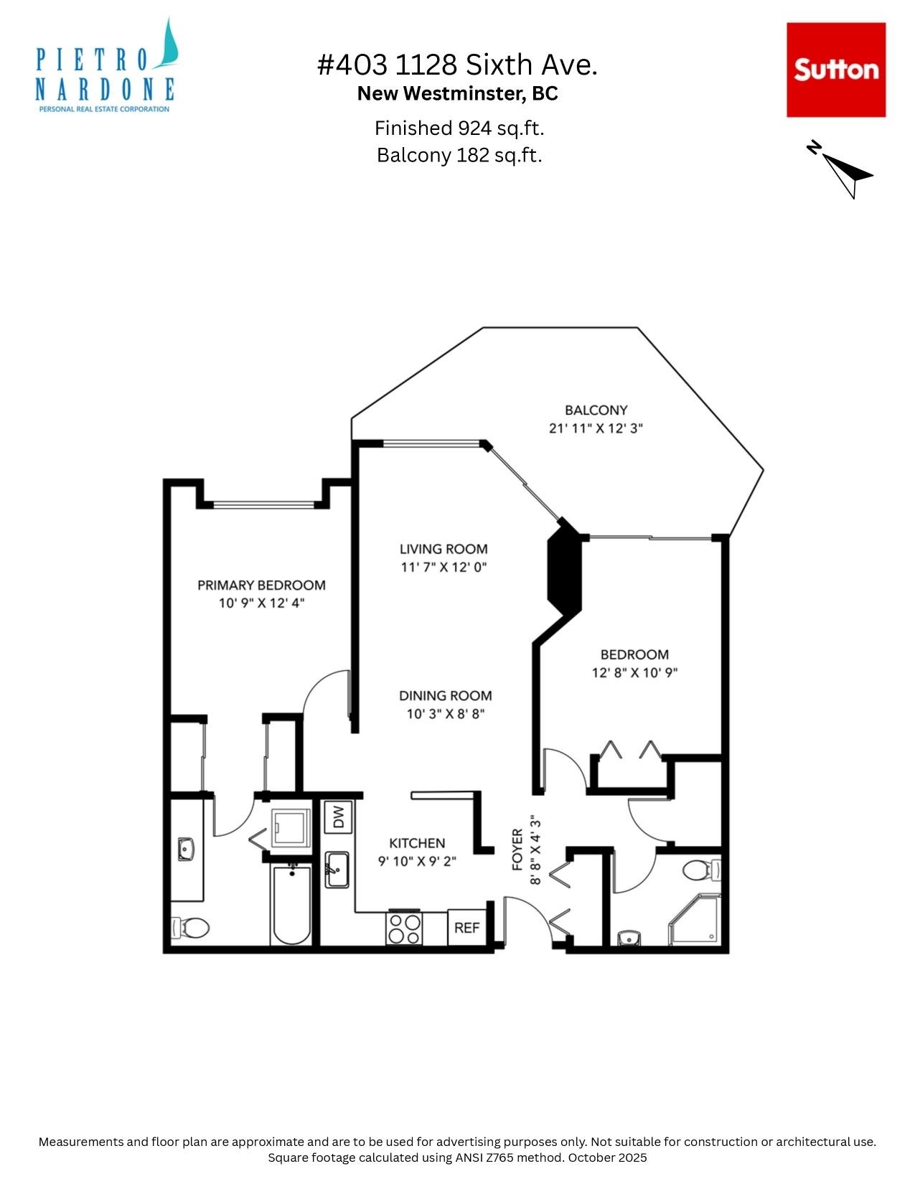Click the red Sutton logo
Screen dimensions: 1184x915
pyautogui.click(x=835, y=70)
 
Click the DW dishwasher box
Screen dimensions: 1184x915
pyautogui.click(x=338, y=817)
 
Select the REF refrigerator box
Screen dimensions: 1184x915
pyautogui.click(x=466, y=927)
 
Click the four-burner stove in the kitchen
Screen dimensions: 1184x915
pyautogui.click(x=404, y=928)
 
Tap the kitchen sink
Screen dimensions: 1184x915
pyautogui.click(x=337, y=869)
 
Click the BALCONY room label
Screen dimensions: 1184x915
pyautogui.click(x=596, y=410)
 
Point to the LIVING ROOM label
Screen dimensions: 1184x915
pyautogui.click(x=444, y=549)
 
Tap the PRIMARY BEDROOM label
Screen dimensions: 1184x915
pyautogui.click(x=261, y=585)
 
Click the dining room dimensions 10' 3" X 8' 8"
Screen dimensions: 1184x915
pyautogui.click(x=445, y=714)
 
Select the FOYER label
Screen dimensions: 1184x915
pyautogui.click(x=517, y=850)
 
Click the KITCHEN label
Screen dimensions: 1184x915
pyautogui.click(x=417, y=843)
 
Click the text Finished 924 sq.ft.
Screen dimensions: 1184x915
pyautogui.click(x=459, y=128)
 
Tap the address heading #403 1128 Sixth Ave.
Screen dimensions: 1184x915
pyautogui.click(x=457, y=65)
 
